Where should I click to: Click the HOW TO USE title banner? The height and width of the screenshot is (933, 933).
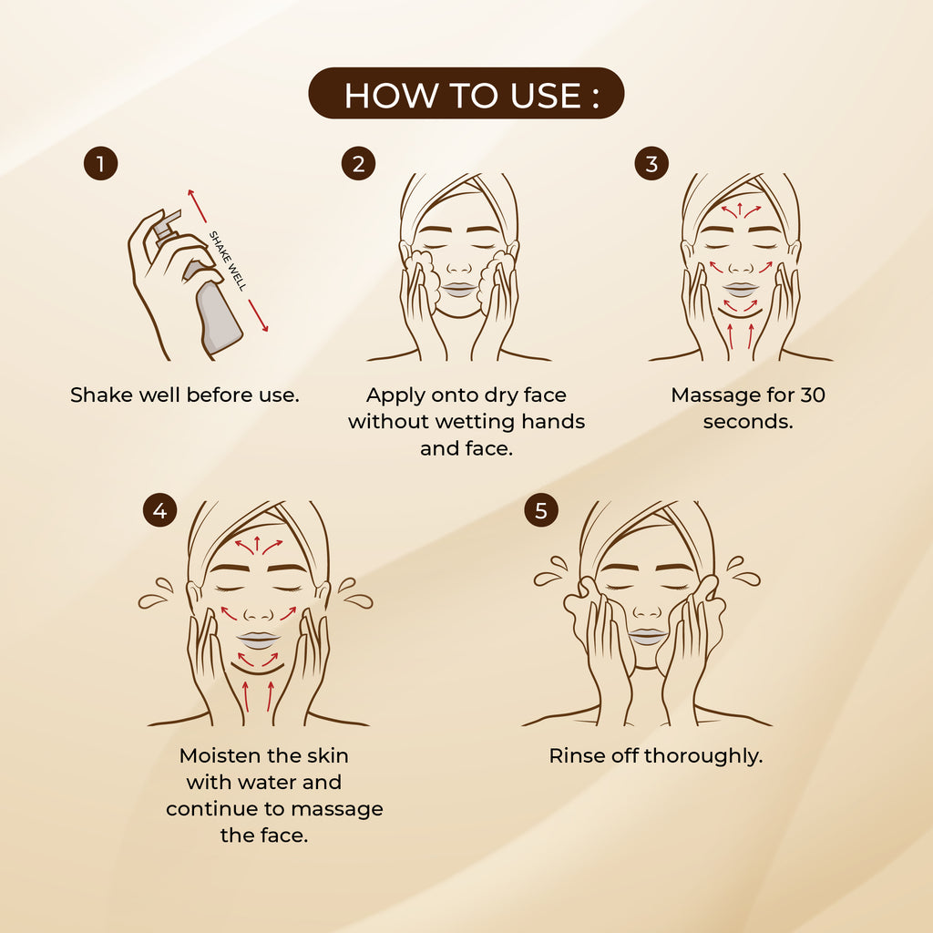[466, 94]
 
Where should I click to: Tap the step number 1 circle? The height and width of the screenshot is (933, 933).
[100, 163]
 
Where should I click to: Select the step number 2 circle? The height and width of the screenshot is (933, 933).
[358, 163]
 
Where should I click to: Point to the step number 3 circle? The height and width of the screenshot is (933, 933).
[651, 163]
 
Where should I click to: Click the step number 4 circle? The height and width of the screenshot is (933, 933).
[159, 510]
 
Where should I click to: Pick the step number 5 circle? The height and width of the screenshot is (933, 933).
[541, 510]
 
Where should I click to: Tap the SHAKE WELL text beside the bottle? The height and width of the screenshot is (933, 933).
[227, 261]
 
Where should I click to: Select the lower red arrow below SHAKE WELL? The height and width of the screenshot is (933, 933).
[258, 315]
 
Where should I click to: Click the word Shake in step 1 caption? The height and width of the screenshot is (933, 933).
[102, 395]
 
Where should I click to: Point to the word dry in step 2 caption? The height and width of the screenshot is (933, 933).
[501, 395]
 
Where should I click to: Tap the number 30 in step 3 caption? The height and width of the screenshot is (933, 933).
[813, 395]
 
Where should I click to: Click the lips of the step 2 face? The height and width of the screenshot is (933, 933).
[459, 289]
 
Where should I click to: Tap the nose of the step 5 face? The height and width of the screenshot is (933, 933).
[647, 610]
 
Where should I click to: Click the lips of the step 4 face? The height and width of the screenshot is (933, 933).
[258, 640]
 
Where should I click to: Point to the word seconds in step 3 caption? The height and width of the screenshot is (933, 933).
[748, 422]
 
